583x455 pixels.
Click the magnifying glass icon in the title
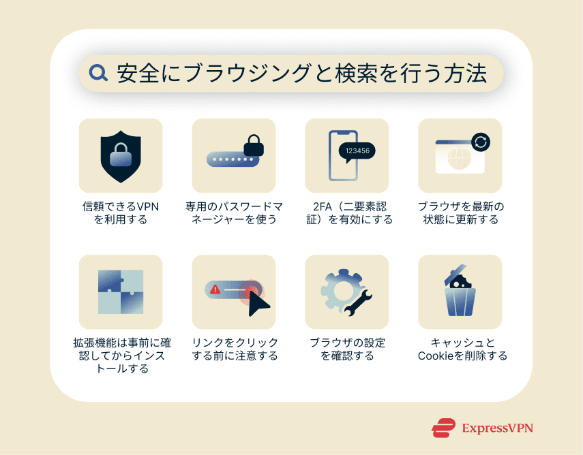click(99, 74)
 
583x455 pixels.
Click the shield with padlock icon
click(121, 155)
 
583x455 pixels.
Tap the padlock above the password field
click(253, 144)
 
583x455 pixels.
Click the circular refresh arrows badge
click(481, 142)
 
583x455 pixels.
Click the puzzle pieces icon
click(121, 292)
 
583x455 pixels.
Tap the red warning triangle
click(215, 289)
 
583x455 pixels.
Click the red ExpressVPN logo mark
click(443, 428)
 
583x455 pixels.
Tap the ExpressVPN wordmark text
click(497, 428)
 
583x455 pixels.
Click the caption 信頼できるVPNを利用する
click(121, 213)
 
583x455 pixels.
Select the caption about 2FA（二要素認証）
click(346, 213)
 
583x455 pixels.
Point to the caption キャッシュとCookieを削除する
click(460, 349)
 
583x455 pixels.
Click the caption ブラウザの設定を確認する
click(346, 349)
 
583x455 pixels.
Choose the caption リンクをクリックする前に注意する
click(234, 349)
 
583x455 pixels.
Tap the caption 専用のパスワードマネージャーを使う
click(234, 213)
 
